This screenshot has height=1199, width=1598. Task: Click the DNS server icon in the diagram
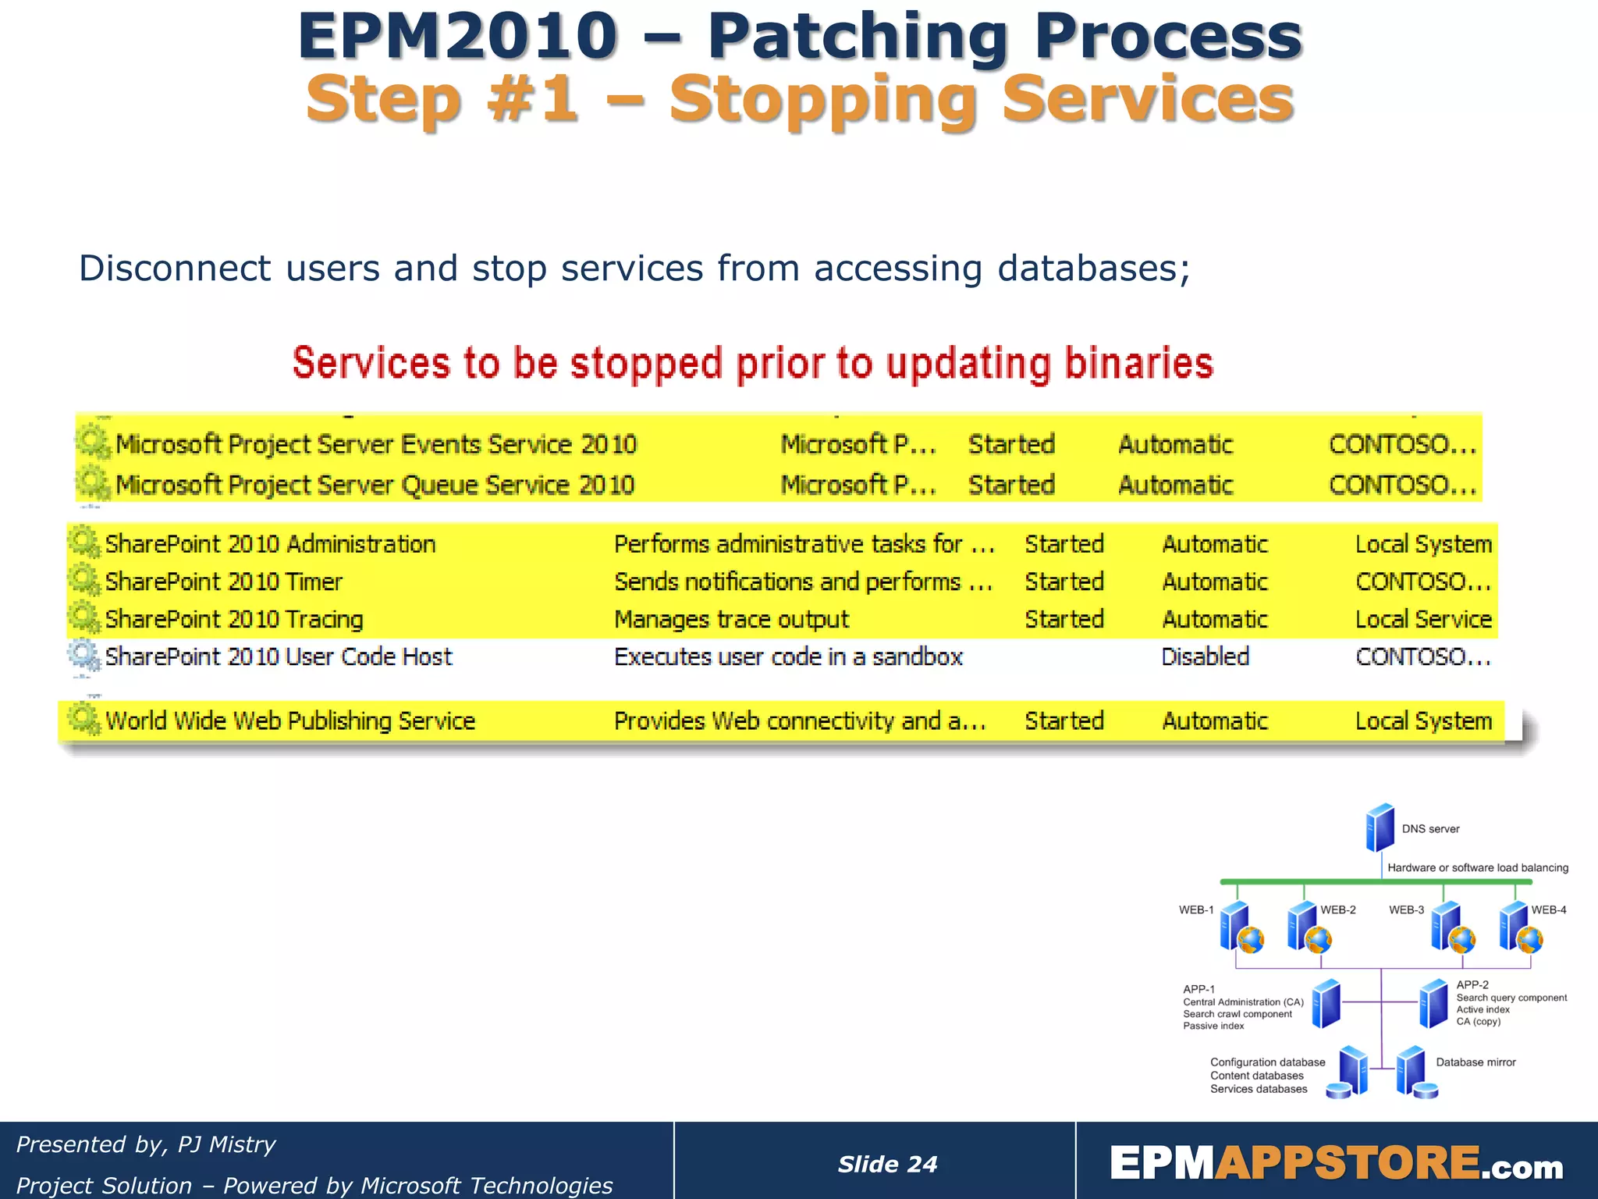click(x=1380, y=827)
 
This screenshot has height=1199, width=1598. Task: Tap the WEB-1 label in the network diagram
click(x=1195, y=910)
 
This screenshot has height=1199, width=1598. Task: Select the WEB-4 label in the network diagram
click(x=1548, y=910)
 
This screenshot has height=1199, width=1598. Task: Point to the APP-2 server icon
click(x=1433, y=1004)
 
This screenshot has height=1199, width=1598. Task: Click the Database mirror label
click(x=1475, y=1062)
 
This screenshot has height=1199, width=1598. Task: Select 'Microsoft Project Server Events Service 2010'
click(x=376, y=444)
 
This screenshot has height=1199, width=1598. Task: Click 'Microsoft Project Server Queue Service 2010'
click(x=375, y=485)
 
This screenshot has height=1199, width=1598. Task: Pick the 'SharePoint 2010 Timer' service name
click(x=224, y=582)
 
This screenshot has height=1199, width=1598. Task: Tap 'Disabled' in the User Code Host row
click(x=1205, y=656)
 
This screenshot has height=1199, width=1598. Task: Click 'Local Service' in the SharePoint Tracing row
click(x=1423, y=619)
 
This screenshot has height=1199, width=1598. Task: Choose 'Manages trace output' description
click(x=731, y=619)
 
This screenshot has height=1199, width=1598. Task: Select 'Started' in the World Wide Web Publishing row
click(x=1064, y=720)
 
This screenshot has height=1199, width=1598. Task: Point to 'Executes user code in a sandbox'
click(x=788, y=656)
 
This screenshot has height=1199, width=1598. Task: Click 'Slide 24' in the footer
click(x=887, y=1164)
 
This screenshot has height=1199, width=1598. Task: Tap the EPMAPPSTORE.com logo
click(x=1336, y=1163)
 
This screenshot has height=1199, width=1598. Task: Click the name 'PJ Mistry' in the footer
click(x=226, y=1144)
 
